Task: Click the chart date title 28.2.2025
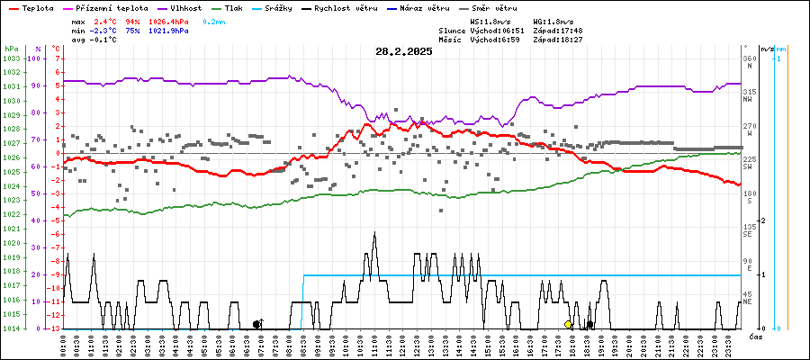point(404,51)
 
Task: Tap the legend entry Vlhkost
point(176,7)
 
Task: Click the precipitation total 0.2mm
point(214,20)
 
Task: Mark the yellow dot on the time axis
point(568,324)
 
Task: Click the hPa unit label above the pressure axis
point(11,48)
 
